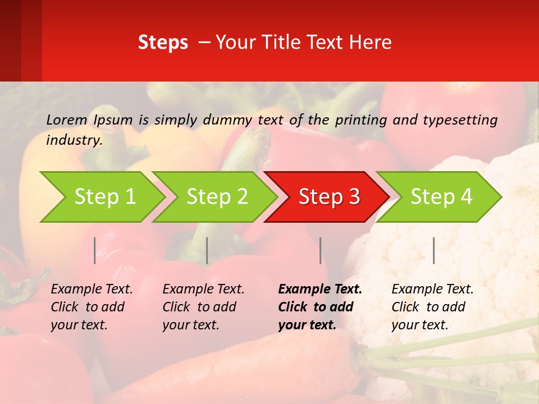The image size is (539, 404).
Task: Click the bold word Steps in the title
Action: click(x=163, y=43)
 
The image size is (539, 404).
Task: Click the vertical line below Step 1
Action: click(x=95, y=250)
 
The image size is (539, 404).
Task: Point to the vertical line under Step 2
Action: click(x=207, y=250)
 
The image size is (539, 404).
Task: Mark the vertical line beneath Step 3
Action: click(x=320, y=250)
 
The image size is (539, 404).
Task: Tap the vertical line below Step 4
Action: click(x=433, y=250)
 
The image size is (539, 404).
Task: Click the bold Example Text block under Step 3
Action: click(x=320, y=307)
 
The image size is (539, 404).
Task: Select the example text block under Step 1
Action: click(x=92, y=307)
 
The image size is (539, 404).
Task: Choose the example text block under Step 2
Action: click(x=203, y=307)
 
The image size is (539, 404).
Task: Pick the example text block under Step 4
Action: click(x=432, y=307)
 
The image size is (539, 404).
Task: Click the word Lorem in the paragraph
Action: click(x=67, y=120)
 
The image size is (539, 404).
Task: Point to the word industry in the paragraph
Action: click(x=74, y=140)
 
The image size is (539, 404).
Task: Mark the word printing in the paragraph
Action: click(x=360, y=120)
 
